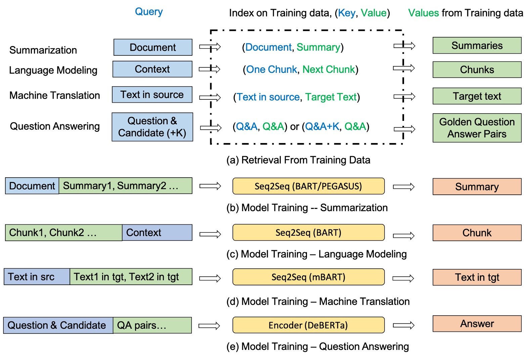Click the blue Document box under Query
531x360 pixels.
pos(153,47)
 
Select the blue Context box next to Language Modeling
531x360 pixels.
pos(152,69)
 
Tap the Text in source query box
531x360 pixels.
pos(152,95)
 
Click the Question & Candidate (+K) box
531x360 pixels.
pos(152,127)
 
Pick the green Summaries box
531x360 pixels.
pos(477,46)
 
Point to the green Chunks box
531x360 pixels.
pos(477,70)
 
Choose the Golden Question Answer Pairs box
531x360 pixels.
pos(477,128)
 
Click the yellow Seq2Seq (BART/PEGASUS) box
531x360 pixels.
pos(308,186)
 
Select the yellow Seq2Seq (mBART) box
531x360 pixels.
pos(308,277)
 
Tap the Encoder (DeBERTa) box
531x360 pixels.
pos(308,325)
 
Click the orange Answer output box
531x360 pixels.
pos(477,324)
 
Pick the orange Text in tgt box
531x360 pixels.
pos(477,277)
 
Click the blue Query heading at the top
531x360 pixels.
pos(149,12)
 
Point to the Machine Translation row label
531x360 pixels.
pos(55,95)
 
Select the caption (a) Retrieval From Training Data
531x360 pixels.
pos(298,160)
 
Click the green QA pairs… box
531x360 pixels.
pos(152,325)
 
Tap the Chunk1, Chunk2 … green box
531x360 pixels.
pos(63,233)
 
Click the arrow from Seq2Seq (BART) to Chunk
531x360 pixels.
pos(404,236)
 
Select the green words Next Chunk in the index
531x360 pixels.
pos(328,70)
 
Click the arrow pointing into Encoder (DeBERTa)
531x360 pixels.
pos(209,326)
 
